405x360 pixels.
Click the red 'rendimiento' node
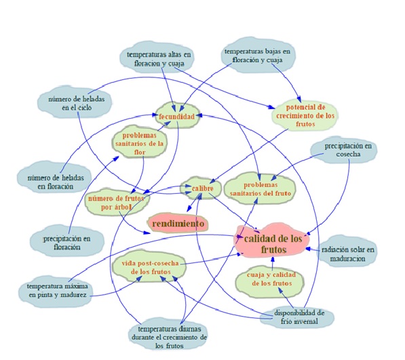coord(178,223)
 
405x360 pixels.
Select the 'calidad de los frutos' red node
coord(272,242)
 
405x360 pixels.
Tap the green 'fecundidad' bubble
coord(177,116)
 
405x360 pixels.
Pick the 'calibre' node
coord(201,188)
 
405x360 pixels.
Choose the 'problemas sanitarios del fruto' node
coord(260,189)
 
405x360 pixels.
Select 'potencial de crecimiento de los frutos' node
coord(305,115)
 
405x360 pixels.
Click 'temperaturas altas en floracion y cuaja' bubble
coord(157,58)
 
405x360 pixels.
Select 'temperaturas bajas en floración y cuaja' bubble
coord(258,56)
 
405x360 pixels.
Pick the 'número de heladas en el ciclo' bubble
coord(75,102)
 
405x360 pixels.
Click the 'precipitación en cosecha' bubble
coord(344,150)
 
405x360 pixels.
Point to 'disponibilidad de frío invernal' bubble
coord(297,317)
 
